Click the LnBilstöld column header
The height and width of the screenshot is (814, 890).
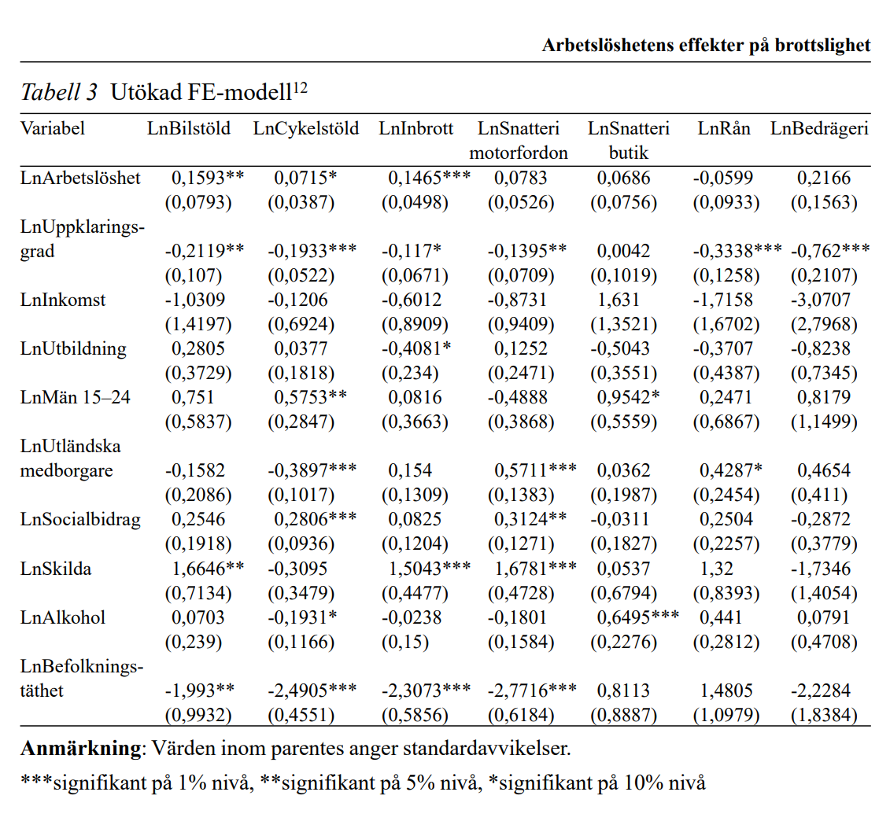point(189,128)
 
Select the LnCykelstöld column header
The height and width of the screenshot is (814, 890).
point(305,128)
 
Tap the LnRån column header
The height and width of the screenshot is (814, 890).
point(724,128)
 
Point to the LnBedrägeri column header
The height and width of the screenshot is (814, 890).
point(819,128)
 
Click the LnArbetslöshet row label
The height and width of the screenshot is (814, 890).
point(81,178)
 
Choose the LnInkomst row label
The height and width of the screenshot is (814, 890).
point(63,300)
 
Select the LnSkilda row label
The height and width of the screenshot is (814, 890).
point(56,568)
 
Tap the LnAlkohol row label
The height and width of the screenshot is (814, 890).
point(63,617)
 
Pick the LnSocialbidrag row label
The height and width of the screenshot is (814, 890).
point(81,519)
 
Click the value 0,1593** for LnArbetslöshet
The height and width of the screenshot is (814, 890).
point(208,178)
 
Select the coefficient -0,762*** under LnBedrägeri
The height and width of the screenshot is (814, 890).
point(830,251)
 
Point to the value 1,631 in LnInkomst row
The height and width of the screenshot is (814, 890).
point(619,300)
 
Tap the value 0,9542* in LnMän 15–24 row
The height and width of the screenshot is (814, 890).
point(627,397)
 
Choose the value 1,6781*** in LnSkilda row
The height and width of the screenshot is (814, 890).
point(536,568)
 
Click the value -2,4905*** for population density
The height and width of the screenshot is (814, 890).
point(312,691)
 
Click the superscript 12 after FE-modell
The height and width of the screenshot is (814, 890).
point(300,88)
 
